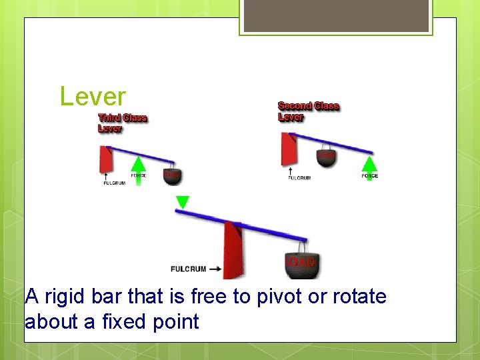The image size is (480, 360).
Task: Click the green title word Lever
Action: [92, 97]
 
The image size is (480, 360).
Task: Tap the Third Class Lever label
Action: [122, 123]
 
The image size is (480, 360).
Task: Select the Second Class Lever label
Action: [308, 111]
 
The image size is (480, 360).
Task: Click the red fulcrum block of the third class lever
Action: [105, 160]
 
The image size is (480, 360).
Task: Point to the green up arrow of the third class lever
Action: [138, 169]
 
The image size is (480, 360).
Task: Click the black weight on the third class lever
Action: [172, 175]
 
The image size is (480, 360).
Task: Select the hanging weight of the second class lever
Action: [326, 157]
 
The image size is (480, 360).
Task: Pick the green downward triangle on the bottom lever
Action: [182, 202]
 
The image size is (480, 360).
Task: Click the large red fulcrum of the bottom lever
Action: [233, 249]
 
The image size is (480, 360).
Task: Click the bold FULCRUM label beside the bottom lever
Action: [188, 269]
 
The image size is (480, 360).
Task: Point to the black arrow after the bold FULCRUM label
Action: [215, 269]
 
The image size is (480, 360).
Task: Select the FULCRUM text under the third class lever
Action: [114, 184]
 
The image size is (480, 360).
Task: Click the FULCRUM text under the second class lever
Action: [299, 178]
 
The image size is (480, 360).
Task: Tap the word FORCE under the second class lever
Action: [369, 176]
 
